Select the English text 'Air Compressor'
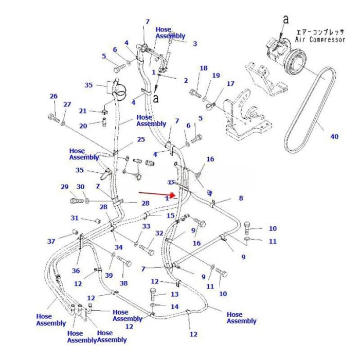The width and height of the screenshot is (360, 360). pos(319,40)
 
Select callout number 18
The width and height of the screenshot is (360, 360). pos(204,68)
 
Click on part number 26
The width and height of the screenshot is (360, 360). pos(53,96)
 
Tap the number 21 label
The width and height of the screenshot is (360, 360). pos(83,111)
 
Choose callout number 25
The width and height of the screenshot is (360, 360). pos(141,140)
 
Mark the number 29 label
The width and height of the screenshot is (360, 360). pos(64,187)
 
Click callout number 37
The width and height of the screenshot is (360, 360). pos(51,242)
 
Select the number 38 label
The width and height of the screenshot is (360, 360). pos(123,283)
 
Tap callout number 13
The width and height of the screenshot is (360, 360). pos(175,294)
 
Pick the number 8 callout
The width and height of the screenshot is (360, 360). pos(241,198)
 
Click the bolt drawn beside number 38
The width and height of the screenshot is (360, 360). pos(124,262)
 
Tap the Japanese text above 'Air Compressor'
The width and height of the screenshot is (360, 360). pos(319,32)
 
